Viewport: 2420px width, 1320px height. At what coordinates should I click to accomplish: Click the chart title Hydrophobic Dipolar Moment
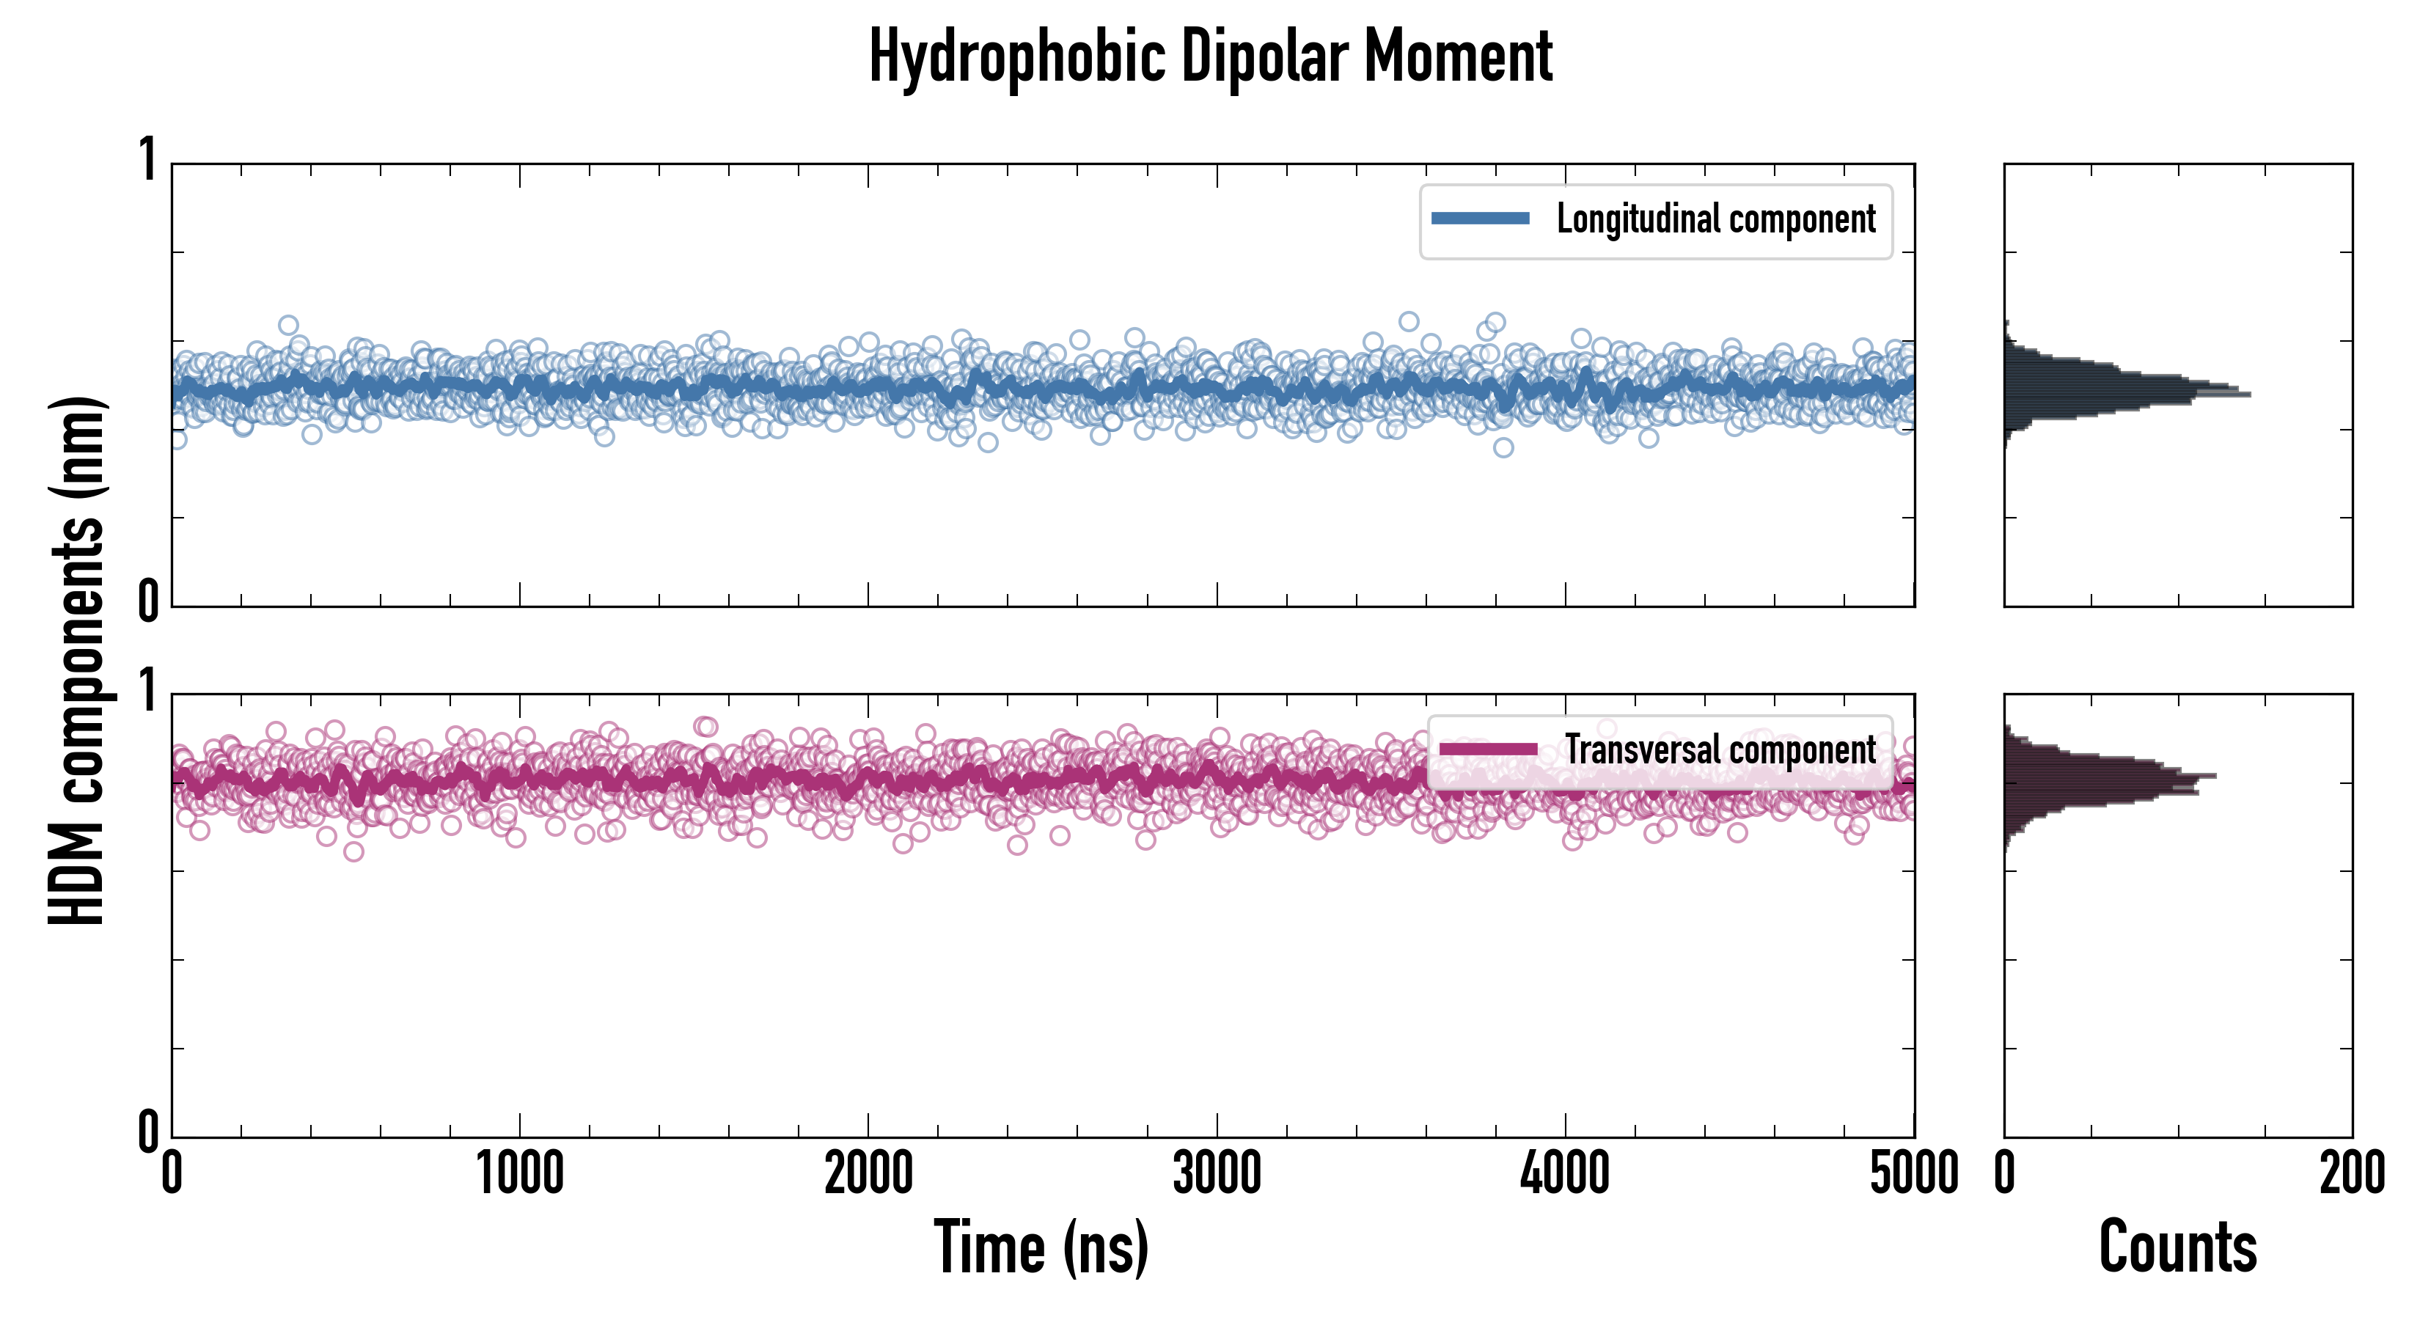(1210, 56)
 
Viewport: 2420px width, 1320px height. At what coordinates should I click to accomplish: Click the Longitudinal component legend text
(1715, 219)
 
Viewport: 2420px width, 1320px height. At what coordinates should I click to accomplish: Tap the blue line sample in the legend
(1480, 219)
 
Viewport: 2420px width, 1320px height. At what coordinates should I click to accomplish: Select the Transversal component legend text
(1720, 749)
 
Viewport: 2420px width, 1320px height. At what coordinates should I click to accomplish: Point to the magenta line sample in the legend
(1488, 749)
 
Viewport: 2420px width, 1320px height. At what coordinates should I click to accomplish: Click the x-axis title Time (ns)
(1041, 1247)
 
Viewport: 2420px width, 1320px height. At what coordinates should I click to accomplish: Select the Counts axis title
(2177, 1247)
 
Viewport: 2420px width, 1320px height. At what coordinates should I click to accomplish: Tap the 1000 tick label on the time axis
(519, 1174)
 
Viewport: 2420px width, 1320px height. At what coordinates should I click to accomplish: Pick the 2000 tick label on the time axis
(868, 1174)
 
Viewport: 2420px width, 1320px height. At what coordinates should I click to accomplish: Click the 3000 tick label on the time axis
(1217, 1174)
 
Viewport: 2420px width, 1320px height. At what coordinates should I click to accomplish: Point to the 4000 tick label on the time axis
(1565, 1174)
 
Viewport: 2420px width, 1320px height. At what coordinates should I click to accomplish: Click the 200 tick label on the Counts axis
(2351, 1174)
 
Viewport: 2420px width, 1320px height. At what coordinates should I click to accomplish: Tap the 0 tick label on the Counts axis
(2005, 1174)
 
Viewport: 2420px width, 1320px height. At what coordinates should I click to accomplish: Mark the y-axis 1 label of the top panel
(147, 160)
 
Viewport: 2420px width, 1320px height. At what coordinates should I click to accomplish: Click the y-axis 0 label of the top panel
(147, 601)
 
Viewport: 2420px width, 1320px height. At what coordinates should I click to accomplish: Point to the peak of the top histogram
(2247, 394)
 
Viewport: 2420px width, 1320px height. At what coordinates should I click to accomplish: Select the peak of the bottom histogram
(2213, 776)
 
